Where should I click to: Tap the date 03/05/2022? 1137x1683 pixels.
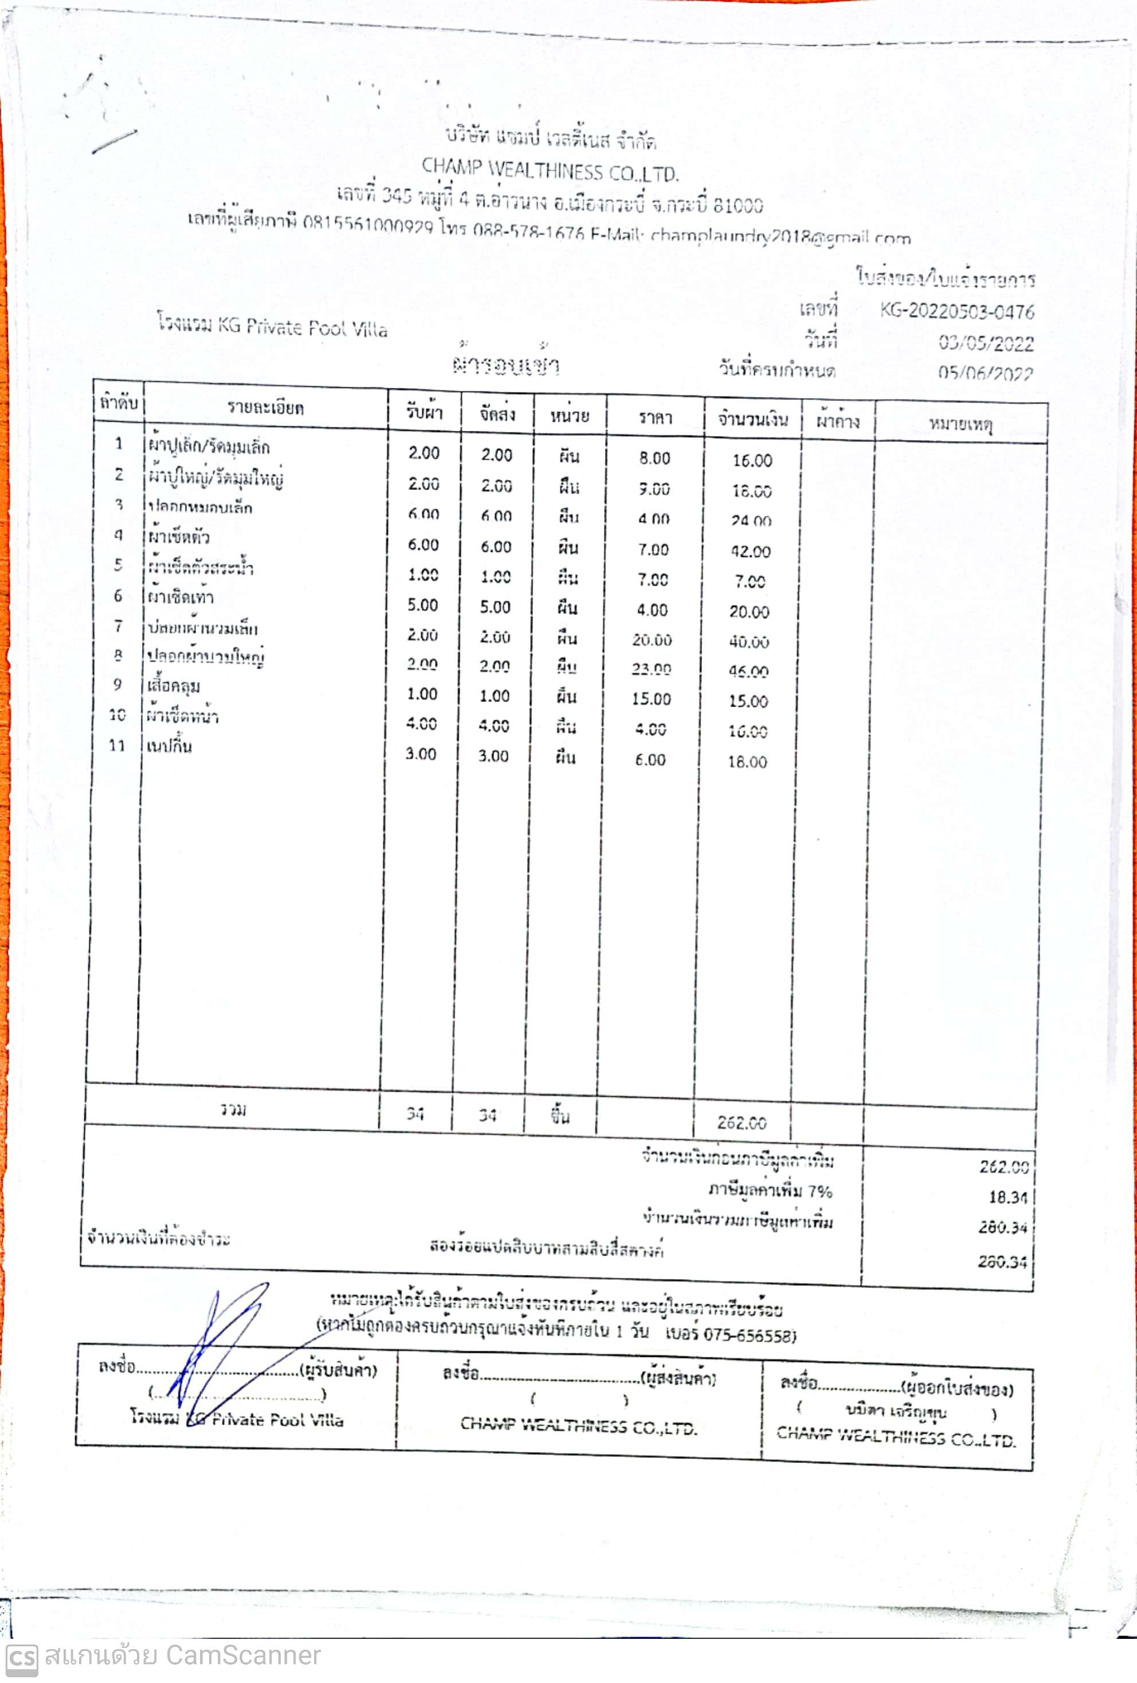986,343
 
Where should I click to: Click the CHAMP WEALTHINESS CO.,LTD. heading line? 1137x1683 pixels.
550,172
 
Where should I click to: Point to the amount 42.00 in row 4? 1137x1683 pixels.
750,552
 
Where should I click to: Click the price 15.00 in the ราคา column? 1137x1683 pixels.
651,700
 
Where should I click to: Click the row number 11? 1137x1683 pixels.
116,745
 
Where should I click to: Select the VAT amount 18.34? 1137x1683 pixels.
1007,1197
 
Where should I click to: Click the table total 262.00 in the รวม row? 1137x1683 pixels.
742,1123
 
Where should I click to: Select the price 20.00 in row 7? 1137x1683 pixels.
652,640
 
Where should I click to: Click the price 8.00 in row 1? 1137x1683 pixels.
654,458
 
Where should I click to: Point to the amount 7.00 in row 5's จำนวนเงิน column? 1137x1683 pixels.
750,582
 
